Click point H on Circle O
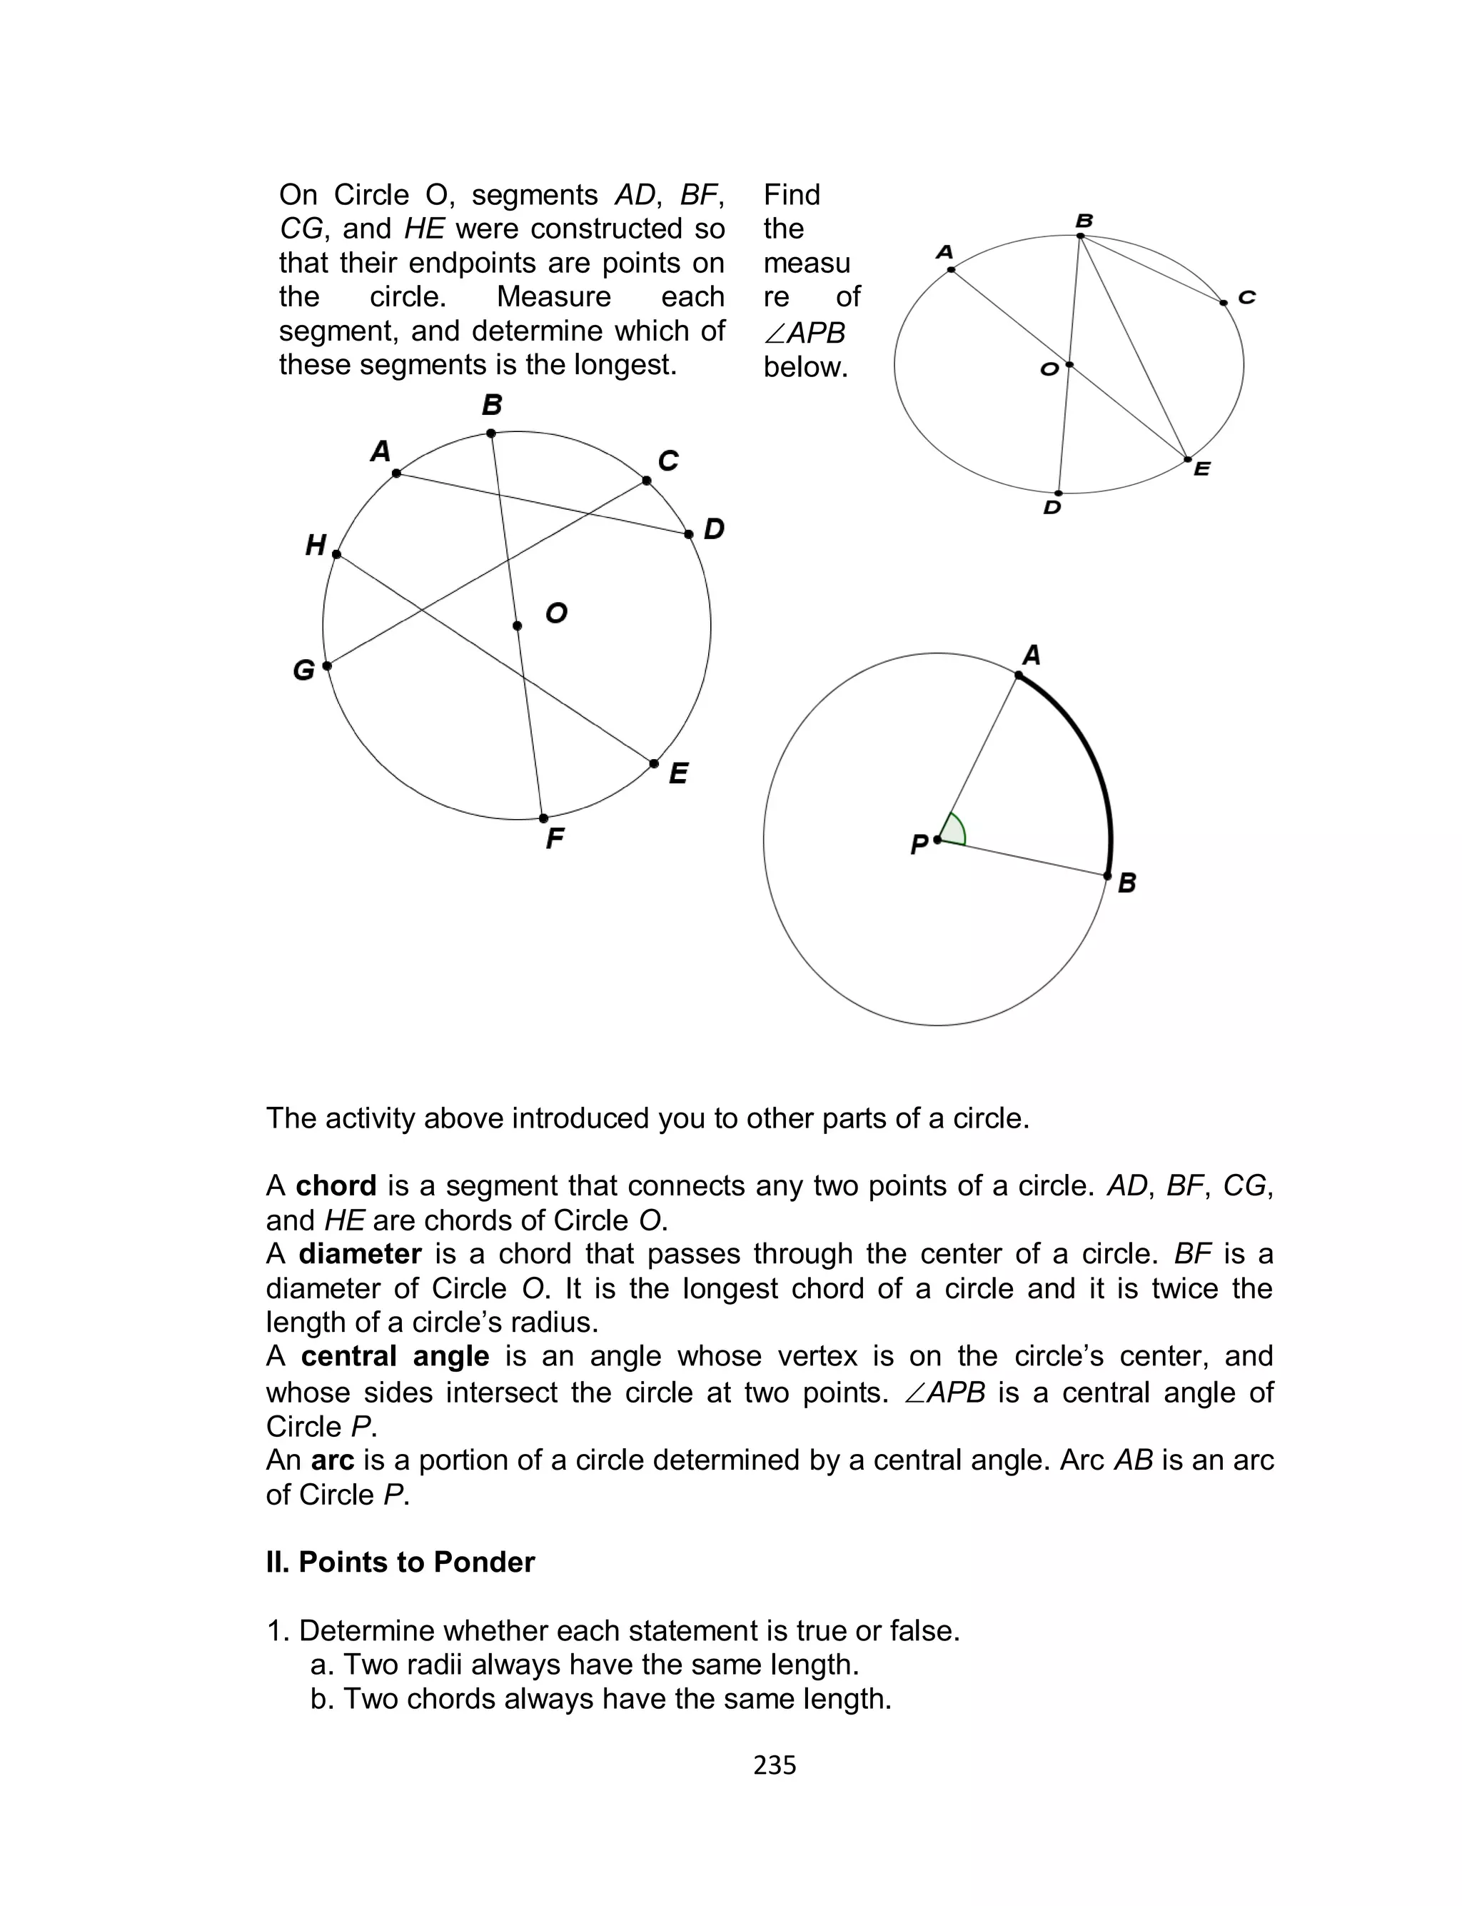[337, 554]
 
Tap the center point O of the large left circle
[517, 626]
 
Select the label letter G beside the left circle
[303, 670]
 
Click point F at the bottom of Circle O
[544, 818]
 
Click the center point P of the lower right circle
[937, 840]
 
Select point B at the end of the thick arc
[1107, 876]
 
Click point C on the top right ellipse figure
[1224, 303]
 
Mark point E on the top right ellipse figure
[1188, 459]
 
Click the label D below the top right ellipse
[1052, 508]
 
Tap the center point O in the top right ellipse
[1069, 365]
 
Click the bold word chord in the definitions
[336, 1185]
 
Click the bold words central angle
[395, 1356]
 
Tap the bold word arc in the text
[333, 1460]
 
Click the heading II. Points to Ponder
[400, 1563]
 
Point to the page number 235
[775, 1765]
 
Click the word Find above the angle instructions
[792, 195]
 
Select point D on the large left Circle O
[688, 533]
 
